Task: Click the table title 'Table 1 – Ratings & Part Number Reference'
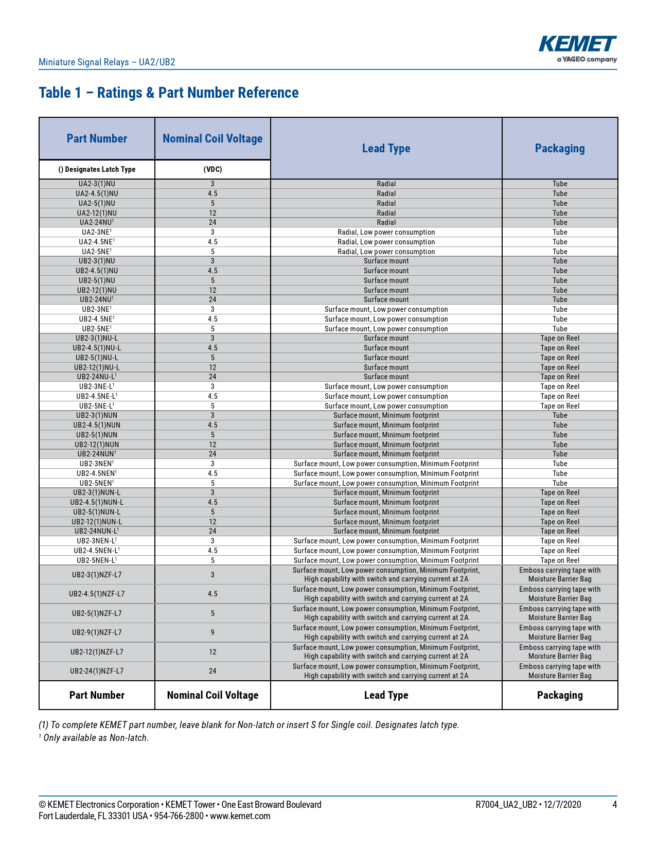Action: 169,93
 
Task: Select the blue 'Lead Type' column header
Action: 386,149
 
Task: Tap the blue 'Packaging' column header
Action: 560,149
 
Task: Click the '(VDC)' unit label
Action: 212,169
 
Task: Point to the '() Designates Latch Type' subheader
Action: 97,169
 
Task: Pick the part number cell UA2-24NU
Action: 97,222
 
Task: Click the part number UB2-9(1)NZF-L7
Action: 97,632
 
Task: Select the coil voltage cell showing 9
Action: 212,632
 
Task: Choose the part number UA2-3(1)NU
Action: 97,184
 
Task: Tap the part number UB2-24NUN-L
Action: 97,531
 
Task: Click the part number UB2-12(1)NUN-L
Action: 97,522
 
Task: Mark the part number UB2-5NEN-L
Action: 97,560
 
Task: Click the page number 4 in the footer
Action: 614,805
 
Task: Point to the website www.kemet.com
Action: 240,816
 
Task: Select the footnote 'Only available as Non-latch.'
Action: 96,738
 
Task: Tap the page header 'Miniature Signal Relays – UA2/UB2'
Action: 107,62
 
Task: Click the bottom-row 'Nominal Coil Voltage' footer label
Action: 212,695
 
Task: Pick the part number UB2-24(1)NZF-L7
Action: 97,671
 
